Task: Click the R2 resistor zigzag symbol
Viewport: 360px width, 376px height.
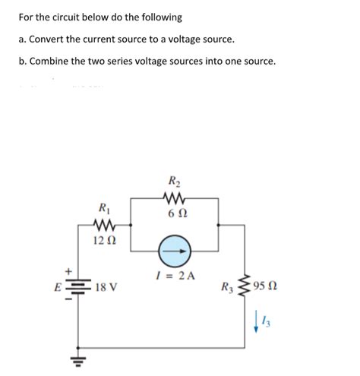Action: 174,200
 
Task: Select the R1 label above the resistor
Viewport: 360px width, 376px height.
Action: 103,207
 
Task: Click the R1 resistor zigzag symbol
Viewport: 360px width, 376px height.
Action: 103,225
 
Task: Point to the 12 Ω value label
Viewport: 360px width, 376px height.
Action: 103,241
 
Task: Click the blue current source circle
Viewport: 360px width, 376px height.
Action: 175,251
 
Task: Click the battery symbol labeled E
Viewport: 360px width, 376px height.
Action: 78,287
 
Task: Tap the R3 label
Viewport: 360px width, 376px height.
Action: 227,287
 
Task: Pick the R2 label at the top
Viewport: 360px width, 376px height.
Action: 174,182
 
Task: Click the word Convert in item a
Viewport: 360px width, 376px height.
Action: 47,38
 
